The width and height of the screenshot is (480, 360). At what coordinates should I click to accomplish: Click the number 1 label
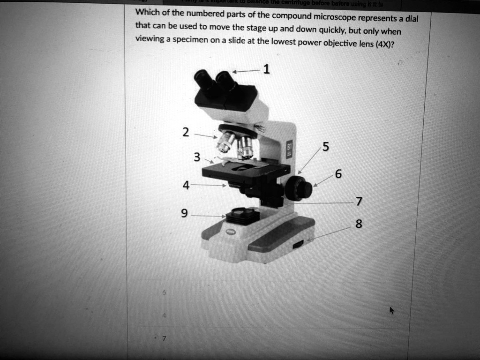pyautogui.click(x=266, y=70)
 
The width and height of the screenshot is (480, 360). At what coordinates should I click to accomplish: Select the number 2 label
pyautogui.click(x=186, y=133)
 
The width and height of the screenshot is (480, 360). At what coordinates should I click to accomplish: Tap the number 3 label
pyautogui.click(x=197, y=157)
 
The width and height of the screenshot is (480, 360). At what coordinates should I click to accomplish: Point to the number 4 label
pyautogui.click(x=186, y=185)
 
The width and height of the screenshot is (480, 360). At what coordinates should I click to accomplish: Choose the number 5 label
pyautogui.click(x=326, y=147)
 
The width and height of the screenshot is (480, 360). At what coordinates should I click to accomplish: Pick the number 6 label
pyautogui.click(x=338, y=173)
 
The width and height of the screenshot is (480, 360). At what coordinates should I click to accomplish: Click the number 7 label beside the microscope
pyautogui.click(x=359, y=202)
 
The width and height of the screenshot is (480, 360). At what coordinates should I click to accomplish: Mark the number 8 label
pyautogui.click(x=359, y=224)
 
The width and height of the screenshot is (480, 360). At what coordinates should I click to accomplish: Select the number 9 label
pyautogui.click(x=184, y=214)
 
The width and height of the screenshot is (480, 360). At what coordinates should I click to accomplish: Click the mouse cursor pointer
pyautogui.click(x=392, y=310)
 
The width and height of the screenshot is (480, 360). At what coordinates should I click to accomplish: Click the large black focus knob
pyautogui.click(x=298, y=188)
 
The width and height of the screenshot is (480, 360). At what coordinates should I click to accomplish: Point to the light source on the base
pyautogui.click(x=242, y=215)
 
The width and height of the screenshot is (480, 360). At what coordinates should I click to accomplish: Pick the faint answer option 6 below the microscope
pyautogui.click(x=164, y=292)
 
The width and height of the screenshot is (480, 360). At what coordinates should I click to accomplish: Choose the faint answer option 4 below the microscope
pyautogui.click(x=164, y=315)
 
